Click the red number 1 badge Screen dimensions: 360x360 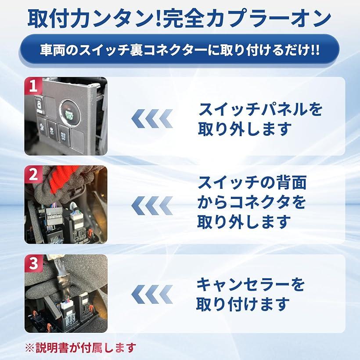pyautogui.click(x=33, y=86)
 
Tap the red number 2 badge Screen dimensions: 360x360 pyautogui.click(x=33, y=174)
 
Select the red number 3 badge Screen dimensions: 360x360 pyautogui.click(x=33, y=263)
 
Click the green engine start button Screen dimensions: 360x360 pyautogui.click(x=69, y=112)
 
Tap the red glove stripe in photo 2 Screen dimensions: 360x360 pyautogui.click(x=59, y=178)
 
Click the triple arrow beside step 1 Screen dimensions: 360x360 pyautogui.click(x=152, y=119)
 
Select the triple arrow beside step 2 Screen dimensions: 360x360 pyautogui.click(x=152, y=205)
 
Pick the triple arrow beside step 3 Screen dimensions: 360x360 pyautogui.click(x=152, y=294)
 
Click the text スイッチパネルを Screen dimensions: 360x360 pyautogui.click(x=260, y=109)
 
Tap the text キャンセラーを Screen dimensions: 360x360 pyautogui.click(x=251, y=284)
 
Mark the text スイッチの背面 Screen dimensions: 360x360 pyautogui.click(x=252, y=183)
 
